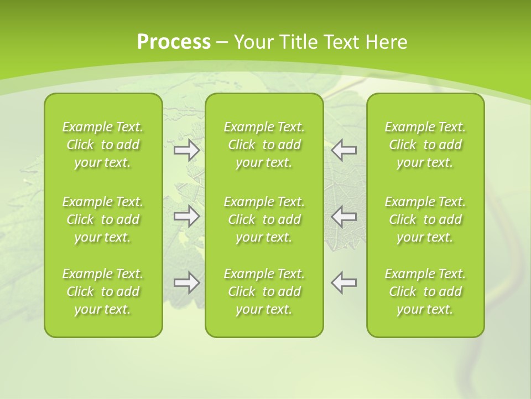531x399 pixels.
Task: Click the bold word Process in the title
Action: tap(174, 42)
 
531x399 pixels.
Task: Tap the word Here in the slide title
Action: tap(387, 42)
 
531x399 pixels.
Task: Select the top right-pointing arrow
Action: tap(187, 150)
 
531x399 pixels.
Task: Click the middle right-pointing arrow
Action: tap(187, 216)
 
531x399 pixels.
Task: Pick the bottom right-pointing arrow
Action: tap(187, 283)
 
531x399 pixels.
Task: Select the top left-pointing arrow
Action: tap(344, 150)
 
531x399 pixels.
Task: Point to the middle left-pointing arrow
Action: tap(344, 216)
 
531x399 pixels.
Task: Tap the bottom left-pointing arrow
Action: tap(344, 283)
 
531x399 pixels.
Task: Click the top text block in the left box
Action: tap(103, 145)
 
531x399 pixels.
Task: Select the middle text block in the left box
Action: tap(103, 219)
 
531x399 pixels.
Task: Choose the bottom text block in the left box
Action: tap(103, 291)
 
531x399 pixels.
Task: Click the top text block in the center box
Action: tap(264, 145)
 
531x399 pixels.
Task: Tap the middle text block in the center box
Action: tap(264, 219)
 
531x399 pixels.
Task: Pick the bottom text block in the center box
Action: tap(264, 291)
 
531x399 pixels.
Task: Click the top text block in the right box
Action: tap(425, 145)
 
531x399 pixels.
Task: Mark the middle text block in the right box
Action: tap(425, 219)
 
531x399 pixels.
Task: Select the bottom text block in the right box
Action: tap(425, 291)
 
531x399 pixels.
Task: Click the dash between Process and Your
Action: tap(222, 43)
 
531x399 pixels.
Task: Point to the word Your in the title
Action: tap(252, 42)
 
